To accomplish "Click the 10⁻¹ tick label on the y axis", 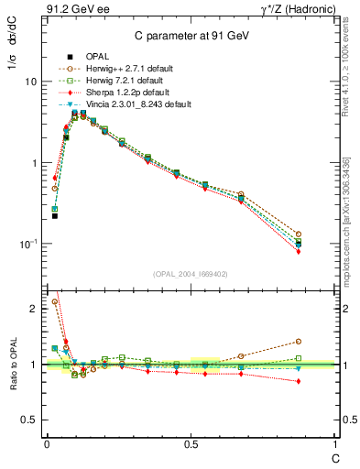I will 27,245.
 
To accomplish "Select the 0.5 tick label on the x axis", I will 190,445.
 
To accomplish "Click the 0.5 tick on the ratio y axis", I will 29,420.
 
